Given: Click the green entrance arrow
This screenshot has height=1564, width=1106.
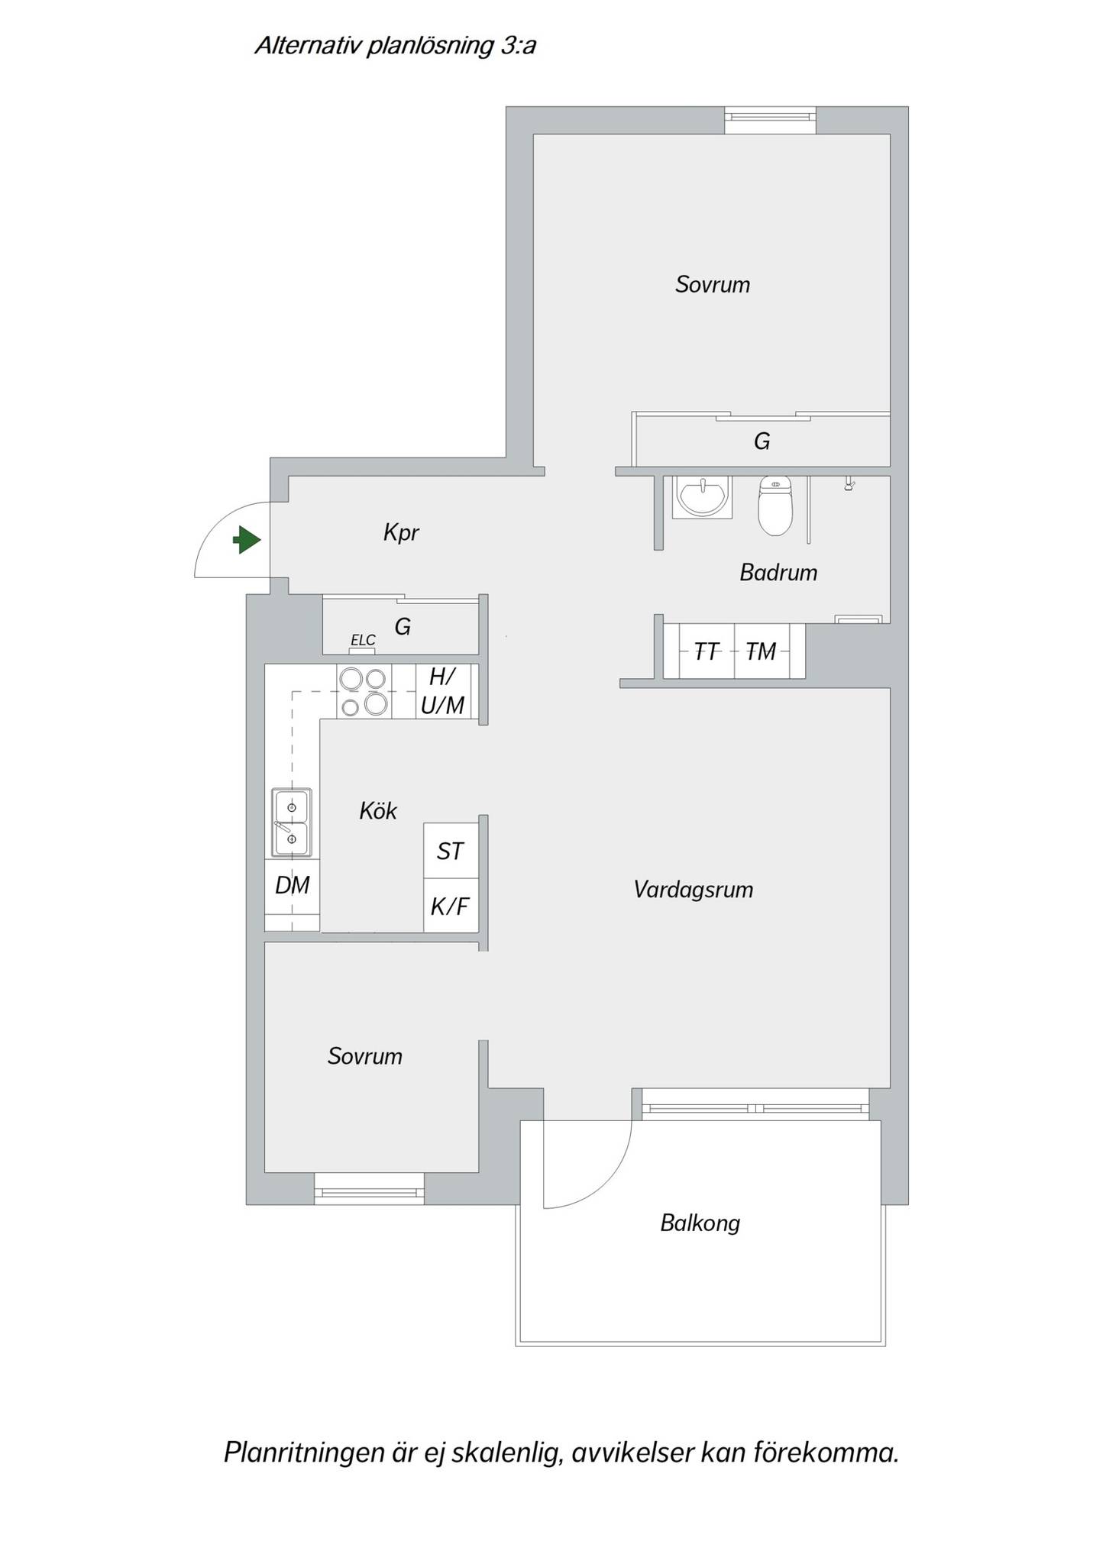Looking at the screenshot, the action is pos(247,540).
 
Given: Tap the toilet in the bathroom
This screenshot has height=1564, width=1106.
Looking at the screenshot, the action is pos(775,505).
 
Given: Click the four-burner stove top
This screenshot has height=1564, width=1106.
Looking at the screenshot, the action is pos(364,691).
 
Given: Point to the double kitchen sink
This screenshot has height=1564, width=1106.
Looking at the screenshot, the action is pos(292,822).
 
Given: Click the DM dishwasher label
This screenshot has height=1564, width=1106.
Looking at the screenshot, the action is pos(293,885).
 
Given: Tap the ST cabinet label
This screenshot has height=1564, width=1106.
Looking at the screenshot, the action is pos(451,851).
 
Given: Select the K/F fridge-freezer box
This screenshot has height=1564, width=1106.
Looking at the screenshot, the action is pos(451,905).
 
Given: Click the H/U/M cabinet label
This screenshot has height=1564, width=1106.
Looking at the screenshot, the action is pos(443,690).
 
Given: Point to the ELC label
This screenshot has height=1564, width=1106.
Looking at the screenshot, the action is pos(363,640).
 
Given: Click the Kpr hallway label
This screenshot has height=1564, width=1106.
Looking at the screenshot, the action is pos(401,532).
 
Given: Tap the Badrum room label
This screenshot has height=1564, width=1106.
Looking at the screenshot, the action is pos(778,572).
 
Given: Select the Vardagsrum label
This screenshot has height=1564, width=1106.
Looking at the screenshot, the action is pos(694,890).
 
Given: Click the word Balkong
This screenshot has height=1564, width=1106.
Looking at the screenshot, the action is pos(700,1223).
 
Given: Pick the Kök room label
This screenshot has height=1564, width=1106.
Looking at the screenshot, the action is pos(378,810).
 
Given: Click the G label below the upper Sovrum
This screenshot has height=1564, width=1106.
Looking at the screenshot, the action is pos(762,441).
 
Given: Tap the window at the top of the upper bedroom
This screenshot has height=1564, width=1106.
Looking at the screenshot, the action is pos(771,120).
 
